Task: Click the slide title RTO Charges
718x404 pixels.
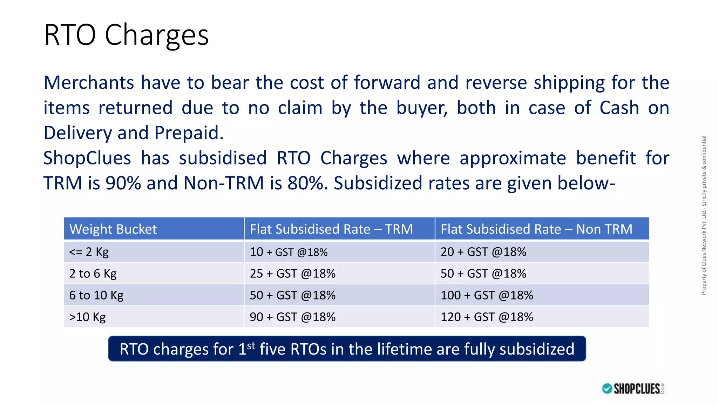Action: tap(126, 35)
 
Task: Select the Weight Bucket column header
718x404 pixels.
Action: tap(113, 229)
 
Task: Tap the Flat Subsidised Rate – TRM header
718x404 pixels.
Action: tap(331, 229)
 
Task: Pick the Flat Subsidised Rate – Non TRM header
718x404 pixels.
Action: tap(536, 229)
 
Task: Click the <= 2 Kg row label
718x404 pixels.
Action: tap(89, 252)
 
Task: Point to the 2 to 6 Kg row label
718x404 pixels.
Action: tap(93, 274)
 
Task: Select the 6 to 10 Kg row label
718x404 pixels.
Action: tap(96, 295)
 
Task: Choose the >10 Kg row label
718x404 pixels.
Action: tap(87, 317)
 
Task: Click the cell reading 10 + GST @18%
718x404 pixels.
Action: tap(289, 252)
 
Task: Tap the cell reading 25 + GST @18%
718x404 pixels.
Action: tap(292, 274)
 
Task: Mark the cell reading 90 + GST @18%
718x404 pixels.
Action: tap(292, 317)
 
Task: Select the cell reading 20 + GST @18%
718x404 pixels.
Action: tap(483, 252)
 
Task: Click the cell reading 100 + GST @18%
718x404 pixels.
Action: tap(487, 295)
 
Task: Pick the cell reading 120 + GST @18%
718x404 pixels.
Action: tap(487, 317)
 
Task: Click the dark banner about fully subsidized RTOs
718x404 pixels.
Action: tap(347, 349)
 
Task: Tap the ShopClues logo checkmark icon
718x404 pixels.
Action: tap(607, 389)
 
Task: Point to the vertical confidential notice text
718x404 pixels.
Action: tap(704, 215)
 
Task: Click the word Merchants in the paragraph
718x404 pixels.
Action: tap(89, 83)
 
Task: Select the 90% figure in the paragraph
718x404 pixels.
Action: tap(123, 183)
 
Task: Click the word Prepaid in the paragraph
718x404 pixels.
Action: tap(189, 133)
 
